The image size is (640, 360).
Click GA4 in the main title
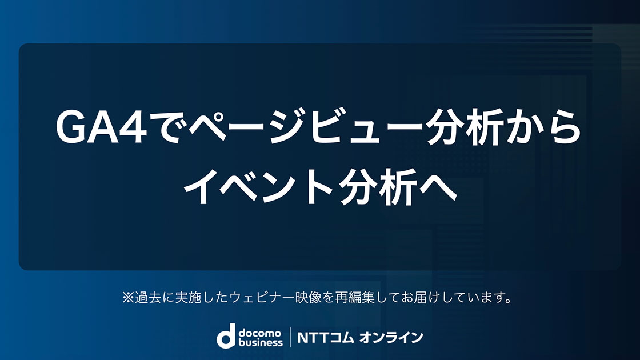pos(101,127)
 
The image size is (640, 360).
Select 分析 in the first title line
pos(463,127)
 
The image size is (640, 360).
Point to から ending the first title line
pos(542,127)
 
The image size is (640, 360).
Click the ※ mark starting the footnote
pos(128,298)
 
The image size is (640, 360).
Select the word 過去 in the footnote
pos(148,298)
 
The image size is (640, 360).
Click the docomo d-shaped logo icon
pos(226,336)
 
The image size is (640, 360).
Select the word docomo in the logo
pos(260,334)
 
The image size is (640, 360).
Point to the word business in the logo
pos(261,342)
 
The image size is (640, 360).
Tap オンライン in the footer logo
pos(391,338)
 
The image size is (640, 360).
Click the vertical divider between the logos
pos(290,337)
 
